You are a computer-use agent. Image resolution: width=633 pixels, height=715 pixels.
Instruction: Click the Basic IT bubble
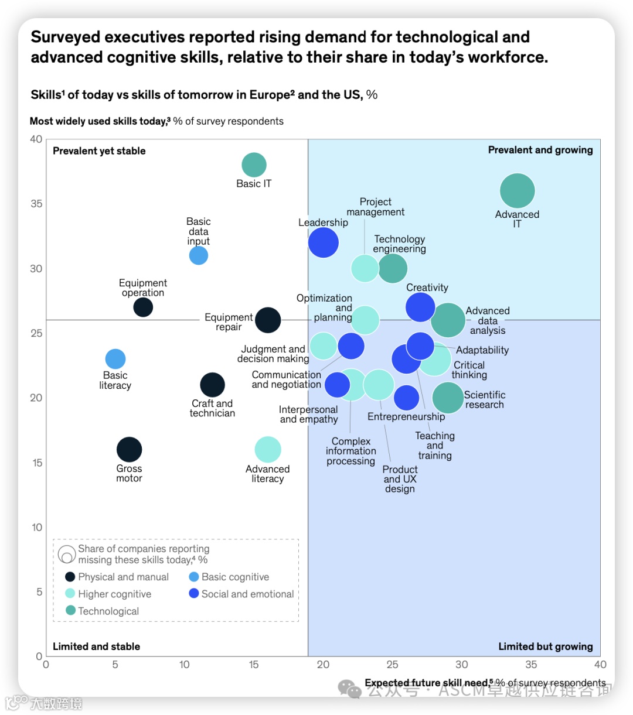(x=254, y=165)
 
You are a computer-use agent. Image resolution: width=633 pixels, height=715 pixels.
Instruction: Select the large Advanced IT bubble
(x=517, y=191)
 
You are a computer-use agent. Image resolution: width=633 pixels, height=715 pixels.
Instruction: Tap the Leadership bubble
(x=324, y=242)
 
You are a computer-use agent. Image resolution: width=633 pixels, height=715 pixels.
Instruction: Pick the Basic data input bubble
(x=199, y=255)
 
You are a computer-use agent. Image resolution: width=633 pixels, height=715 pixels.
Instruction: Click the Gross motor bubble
(x=129, y=450)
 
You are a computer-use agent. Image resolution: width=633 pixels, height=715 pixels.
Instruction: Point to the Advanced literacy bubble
(x=268, y=450)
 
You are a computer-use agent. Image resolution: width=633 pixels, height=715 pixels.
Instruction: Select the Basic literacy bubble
(x=115, y=359)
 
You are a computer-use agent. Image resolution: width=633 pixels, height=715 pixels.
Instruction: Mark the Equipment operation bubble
(x=143, y=307)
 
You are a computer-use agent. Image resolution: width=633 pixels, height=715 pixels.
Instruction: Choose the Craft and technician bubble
(x=212, y=385)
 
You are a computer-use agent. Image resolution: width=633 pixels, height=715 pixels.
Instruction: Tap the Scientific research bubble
(x=448, y=398)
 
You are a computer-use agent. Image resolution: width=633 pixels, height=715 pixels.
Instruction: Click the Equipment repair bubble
(x=268, y=320)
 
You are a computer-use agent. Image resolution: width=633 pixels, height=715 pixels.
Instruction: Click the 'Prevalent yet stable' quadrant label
(x=99, y=151)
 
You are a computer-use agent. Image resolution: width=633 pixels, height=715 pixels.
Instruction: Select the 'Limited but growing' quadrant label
(x=545, y=646)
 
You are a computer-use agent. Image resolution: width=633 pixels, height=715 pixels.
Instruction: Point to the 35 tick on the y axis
(x=36, y=204)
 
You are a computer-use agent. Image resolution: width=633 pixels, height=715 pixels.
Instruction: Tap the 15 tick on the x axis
(x=254, y=665)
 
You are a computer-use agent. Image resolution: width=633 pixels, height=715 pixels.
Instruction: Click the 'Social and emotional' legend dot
(x=194, y=594)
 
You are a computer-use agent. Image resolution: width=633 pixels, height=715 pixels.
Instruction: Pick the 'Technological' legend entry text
(x=108, y=611)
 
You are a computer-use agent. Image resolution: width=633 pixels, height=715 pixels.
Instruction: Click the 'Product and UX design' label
(x=400, y=479)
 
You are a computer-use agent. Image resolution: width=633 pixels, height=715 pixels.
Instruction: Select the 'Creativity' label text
(x=427, y=288)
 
